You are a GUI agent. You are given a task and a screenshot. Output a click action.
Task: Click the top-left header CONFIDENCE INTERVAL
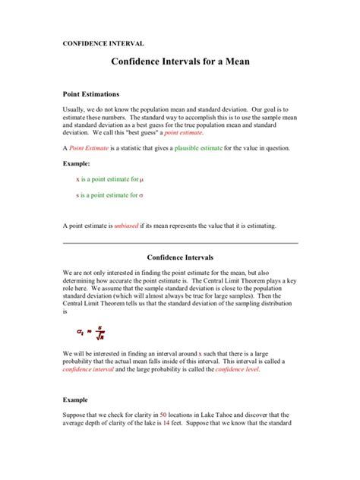[x=103, y=43]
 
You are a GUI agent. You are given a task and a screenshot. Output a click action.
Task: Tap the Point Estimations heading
[x=91, y=94]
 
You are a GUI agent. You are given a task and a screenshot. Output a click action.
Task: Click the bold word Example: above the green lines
[x=76, y=163]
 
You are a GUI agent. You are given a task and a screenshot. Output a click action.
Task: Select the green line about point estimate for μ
[x=109, y=179]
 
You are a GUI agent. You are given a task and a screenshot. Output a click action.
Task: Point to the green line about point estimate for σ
[x=109, y=195]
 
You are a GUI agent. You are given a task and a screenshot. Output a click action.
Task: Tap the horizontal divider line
[x=179, y=243]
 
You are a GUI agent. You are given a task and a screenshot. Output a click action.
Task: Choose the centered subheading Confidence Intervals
[x=179, y=257]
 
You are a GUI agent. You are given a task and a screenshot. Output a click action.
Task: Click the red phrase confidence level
[x=237, y=369]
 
